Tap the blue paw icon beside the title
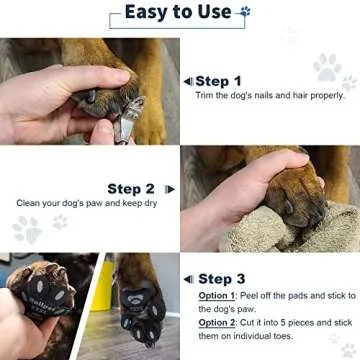coord(245,12)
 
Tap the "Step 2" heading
coord(131,188)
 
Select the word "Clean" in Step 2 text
coord(30,203)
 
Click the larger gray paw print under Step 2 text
coord(27,228)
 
